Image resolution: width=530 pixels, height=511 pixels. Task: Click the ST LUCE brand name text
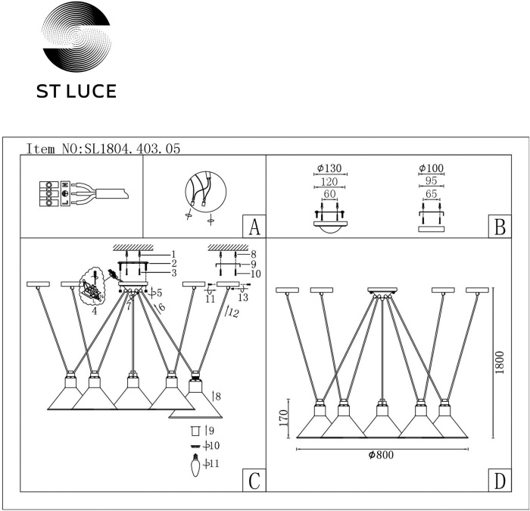(76, 92)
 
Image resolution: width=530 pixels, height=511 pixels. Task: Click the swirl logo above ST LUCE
(76, 39)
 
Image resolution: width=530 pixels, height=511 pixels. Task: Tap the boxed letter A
(254, 227)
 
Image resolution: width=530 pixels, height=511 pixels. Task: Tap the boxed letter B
(497, 227)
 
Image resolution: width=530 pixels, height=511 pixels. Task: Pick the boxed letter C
(254, 481)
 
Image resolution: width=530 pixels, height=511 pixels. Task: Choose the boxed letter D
(497, 481)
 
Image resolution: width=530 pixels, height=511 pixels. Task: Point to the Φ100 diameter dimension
(431, 168)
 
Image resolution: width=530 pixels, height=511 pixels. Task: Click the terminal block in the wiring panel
(50, 193)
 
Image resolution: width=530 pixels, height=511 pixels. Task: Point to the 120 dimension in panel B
(329, 182)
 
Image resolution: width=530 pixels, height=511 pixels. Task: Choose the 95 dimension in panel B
(431, 182)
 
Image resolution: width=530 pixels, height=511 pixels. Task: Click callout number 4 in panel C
(94, 309)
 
